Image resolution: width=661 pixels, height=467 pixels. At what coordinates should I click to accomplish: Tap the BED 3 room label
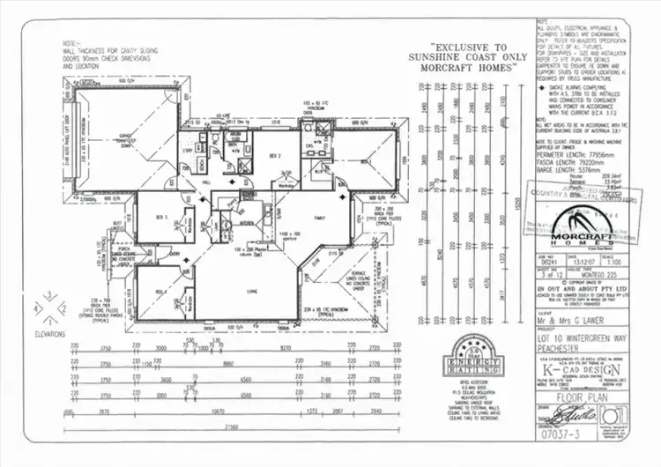(x=161, y=216)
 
